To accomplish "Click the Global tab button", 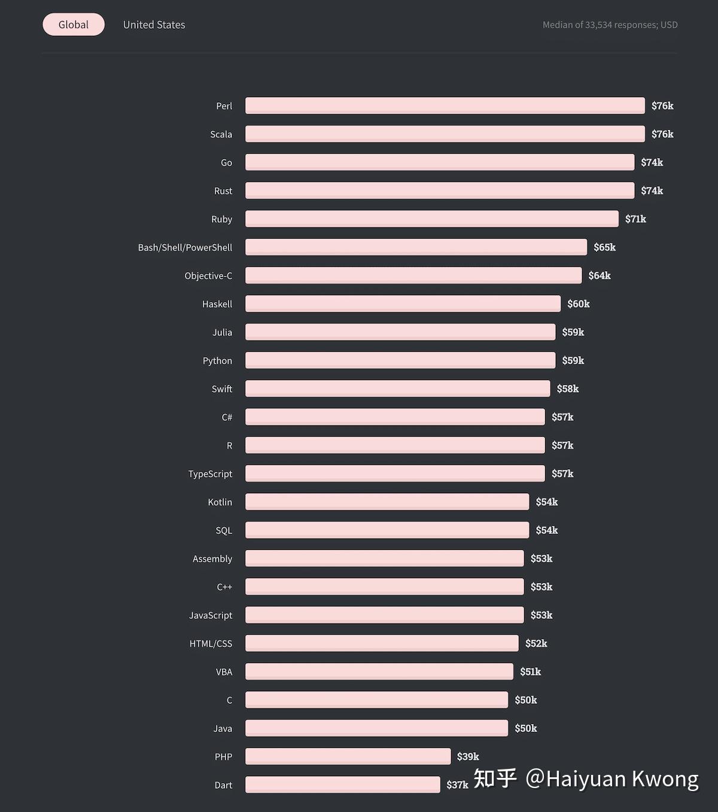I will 74,25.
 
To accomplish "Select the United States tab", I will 154,25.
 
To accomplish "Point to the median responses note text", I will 610,25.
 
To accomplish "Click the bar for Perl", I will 445,105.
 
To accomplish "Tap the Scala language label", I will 221,134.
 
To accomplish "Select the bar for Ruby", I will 431,218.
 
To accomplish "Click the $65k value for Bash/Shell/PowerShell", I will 604,247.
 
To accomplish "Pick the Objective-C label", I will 208,276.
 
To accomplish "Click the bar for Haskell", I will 403,303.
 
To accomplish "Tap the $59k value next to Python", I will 573,360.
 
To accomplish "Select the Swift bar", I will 397,388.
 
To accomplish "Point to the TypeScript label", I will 210,474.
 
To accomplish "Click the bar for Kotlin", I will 387,501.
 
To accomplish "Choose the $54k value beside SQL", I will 546,530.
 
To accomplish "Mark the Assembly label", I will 212,559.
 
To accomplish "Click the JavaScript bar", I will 384,615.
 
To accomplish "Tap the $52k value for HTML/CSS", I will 536,643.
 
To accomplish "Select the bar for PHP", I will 348,756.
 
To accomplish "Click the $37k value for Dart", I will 457,784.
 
